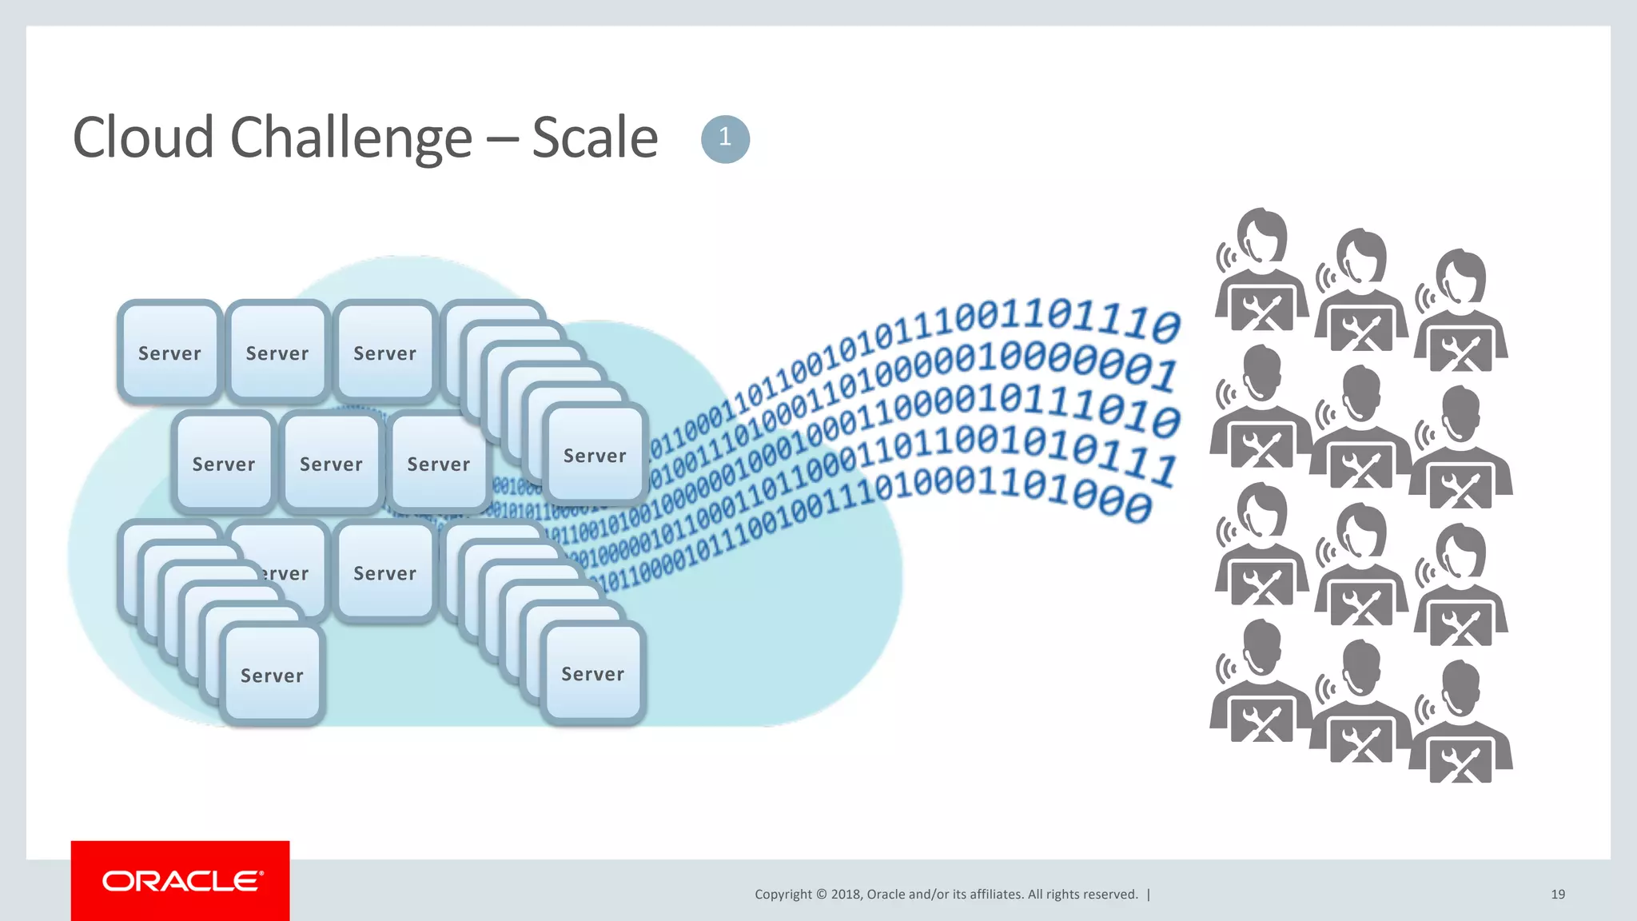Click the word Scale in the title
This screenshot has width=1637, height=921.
click(595, 138)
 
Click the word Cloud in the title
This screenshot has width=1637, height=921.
click(142, 138)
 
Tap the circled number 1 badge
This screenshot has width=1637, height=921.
click(725, 139)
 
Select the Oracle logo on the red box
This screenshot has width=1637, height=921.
click(181, 881)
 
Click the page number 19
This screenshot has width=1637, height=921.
click(1557, 895)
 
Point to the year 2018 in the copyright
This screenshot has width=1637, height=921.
click(845, 895)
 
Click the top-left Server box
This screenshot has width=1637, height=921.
click(169, 352)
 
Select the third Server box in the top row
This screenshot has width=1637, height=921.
click(384, 352)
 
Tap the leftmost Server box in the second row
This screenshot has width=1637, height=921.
click(224, 463)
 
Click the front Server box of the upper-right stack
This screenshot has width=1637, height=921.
click(595, 455)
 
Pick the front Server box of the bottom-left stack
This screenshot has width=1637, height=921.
click(272, 675)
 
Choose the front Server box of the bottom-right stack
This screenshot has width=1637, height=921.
click(592, 673)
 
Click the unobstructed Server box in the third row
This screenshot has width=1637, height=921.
click(384, 572)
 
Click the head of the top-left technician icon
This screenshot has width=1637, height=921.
click(1262, 235)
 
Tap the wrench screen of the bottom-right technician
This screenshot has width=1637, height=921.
click(1460, 761)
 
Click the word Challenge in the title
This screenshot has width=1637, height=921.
click(351, 138)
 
